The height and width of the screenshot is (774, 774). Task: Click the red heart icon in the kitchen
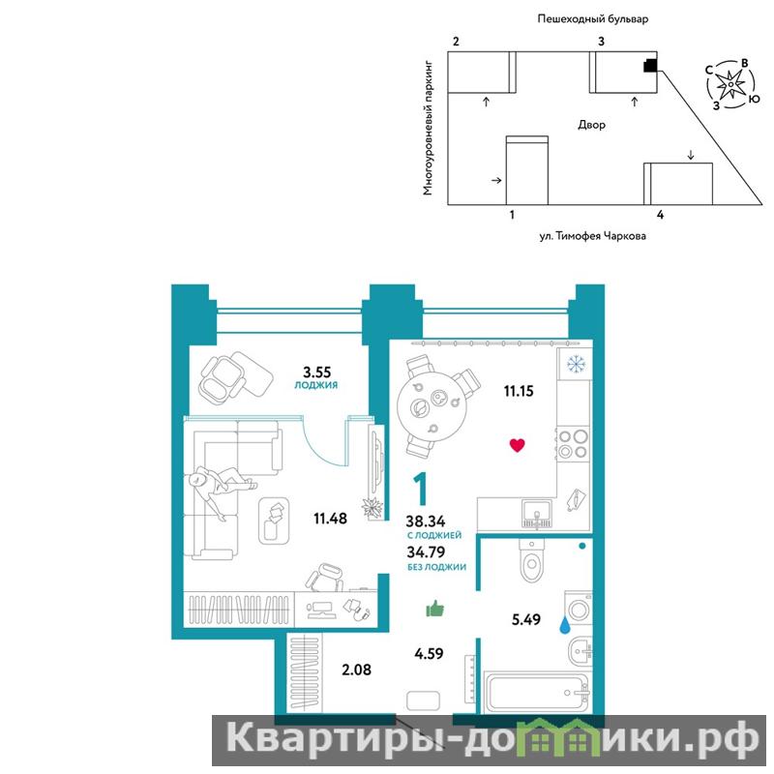(x=517, y=445)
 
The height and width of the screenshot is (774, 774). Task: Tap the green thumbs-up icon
(x=434, y=609)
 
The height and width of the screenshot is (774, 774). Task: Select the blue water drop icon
(x=564, y=626)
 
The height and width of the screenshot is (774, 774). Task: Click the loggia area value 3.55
(x=317, y=372)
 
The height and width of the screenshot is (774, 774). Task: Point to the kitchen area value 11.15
(x=519, y=391)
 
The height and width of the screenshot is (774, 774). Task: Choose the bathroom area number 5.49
(x=525, y=619)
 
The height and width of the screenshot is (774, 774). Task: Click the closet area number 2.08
(x=356, y=670)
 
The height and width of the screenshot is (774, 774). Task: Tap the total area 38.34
(x=426, y=521)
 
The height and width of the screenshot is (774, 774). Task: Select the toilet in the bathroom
(x=531, y=560)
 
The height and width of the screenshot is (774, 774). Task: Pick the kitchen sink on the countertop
(x=538, y=514)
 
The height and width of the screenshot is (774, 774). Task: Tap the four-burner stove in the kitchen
(x=573, y=444)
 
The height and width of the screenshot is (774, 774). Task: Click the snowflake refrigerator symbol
(x=576, y=365)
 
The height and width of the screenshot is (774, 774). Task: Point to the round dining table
(x=429, y=409)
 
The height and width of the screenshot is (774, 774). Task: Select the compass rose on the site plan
(x=729, y=85)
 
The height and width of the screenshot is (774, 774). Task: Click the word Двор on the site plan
(x=591, y=125)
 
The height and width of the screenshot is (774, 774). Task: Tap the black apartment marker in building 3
(x=650, y=66)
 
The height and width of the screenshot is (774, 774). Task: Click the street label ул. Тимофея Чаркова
(x=592, y=236)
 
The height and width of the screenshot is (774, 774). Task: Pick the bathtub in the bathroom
(x=538, y=692)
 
